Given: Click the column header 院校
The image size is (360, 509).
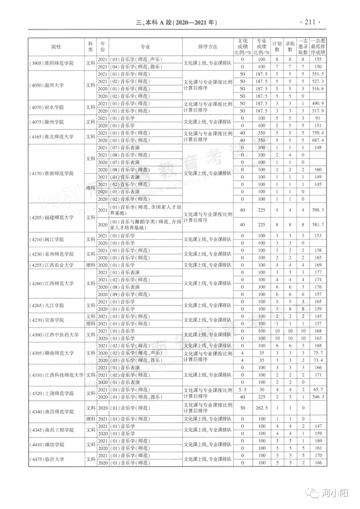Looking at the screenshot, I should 56,47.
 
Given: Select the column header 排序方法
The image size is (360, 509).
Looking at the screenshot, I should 208,47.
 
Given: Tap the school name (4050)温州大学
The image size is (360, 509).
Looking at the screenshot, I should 47,85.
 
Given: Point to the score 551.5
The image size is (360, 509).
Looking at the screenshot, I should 318,74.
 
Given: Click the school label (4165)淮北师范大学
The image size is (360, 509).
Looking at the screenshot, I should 52,137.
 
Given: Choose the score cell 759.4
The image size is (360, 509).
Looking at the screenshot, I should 318,133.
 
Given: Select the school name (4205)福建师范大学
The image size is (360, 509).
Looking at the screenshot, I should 52,217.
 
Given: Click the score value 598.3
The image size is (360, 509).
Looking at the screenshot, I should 318,210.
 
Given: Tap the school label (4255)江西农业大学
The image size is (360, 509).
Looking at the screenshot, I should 52,265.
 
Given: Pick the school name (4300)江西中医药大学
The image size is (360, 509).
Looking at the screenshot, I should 54,335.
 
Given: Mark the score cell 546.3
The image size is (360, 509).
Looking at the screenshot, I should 318,397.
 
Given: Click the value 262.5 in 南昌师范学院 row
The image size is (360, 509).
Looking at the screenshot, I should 262,408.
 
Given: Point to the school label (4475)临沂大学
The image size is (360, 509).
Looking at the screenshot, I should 47,459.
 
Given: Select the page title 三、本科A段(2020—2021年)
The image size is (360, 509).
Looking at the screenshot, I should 177,23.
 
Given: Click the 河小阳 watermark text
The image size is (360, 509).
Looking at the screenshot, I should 335,493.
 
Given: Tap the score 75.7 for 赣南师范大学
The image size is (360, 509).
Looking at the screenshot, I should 318,353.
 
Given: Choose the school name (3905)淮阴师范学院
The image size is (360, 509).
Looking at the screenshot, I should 52,63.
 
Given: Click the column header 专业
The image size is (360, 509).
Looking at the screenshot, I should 145,47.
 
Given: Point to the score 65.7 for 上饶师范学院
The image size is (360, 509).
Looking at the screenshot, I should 318,390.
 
